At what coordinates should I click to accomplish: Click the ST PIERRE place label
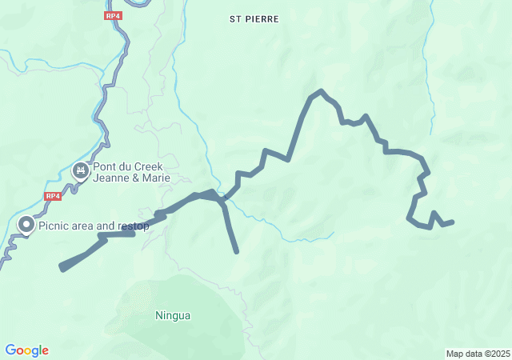click(254, 18)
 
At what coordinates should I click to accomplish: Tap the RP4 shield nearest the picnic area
click(54, 196)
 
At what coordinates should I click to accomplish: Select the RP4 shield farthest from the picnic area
click(113, 15)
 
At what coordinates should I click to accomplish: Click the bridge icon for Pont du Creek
click(81, 170)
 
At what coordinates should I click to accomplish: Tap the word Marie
click(157, 178)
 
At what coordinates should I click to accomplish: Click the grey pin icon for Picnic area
click(26, 226)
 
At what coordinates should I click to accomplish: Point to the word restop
click(134, 226)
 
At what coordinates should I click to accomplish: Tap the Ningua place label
click(173, 315)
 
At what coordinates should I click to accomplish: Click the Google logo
click(27, 350)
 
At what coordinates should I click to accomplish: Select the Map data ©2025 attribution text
click(478, 354)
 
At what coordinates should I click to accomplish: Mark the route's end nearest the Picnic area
click(62, 267)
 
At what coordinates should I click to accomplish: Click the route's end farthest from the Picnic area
click(452, 222)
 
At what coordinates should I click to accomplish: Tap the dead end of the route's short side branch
click(237, 252)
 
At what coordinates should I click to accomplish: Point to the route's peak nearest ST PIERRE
click(320, 91)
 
